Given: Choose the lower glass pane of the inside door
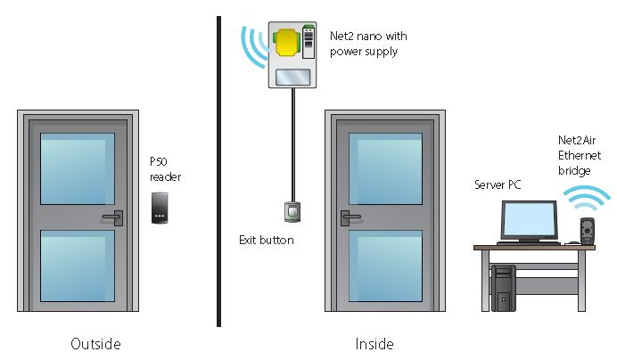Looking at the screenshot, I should pos(384,265).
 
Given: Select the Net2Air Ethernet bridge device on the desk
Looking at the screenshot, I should pos(587,230).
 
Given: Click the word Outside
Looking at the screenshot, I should pos(95,343).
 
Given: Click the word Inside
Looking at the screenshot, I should pos(374,343).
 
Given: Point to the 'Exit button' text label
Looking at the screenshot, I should pos(266,240).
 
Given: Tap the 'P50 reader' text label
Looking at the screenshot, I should pos(165,169).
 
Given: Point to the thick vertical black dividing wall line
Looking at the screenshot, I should pos(218,169).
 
